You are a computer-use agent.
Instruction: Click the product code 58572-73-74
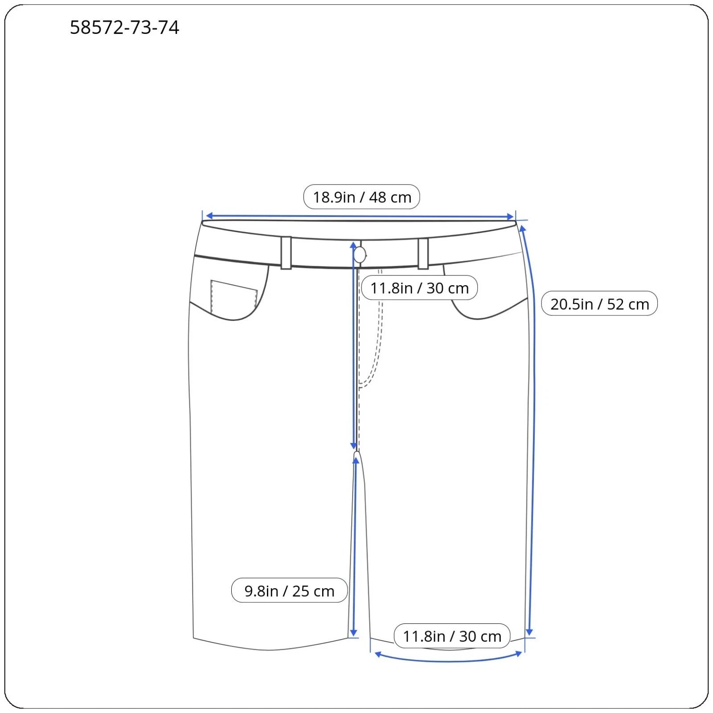(x=124, y=28)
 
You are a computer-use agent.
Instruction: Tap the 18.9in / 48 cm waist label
(x=361, y=197)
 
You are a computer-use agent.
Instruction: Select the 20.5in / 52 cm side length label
(x=599, y=304)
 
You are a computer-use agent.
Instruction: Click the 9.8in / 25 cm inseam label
(x=289, y=591)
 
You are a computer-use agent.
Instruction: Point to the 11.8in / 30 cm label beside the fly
(x=419, y=288)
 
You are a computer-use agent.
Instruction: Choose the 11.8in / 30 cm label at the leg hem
(x=452, y=636)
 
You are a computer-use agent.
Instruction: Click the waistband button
(x=360, y=255)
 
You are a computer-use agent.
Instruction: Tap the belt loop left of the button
(x=286, y=253)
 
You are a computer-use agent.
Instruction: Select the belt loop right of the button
(x=423, y=254)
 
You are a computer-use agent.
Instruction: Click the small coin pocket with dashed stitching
(x=234, y=295)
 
